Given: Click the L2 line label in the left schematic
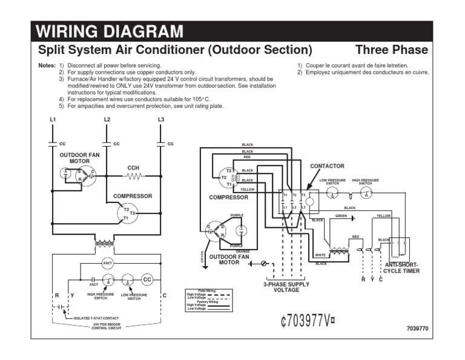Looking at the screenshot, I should (107, 119).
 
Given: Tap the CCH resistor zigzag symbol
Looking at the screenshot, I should (133, 176).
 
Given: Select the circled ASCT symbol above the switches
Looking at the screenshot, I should (107, 263).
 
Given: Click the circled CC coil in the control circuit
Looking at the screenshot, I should (147, 279).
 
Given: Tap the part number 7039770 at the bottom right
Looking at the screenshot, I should (417, 328).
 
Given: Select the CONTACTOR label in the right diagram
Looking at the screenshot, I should (327, 165).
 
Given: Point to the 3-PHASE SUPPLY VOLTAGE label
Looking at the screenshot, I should (286, 287).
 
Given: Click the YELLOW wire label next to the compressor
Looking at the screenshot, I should (248, 190).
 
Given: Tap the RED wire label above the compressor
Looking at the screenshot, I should (247, 156).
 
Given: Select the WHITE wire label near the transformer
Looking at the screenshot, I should (320, 255).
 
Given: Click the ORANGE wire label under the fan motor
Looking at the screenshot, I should (243, 251).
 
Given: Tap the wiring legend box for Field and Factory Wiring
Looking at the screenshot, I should (208, 298).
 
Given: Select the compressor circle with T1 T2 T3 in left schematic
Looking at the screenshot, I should (127, 213).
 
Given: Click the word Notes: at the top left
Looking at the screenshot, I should (46, 65).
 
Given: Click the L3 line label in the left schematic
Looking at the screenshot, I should (160, 119).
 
